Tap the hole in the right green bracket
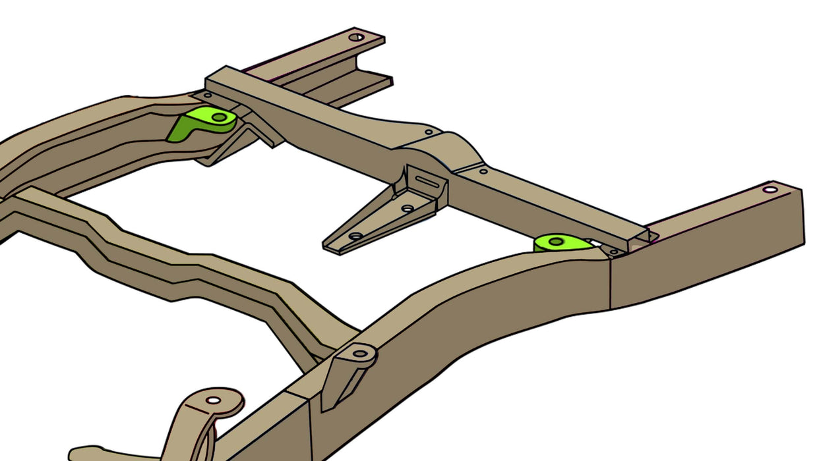point(556,242)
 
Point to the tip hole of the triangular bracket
point(355,236)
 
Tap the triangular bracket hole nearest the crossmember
point(408,209)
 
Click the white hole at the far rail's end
point(355,37)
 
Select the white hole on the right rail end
point(770,190)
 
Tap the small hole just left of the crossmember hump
point(429,132)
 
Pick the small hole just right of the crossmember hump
point(483,171)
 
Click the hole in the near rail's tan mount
point(360,354)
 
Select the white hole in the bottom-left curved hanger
point(213,400)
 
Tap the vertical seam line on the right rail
point(611,283)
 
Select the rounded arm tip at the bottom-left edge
point(79,453)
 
